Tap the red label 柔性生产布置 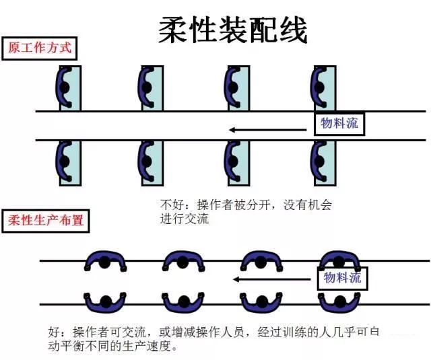coord(47,220)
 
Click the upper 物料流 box coord(339,124)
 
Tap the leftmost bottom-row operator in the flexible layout coord(105,300)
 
